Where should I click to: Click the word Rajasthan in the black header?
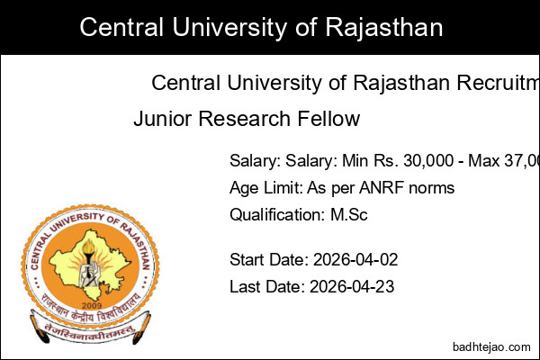pyautogui.click(x=386, y=28)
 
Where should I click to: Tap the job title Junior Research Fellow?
pyautogui.click(x=247, y=119)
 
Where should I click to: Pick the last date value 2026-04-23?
pyautogui.click(x=352, y=287)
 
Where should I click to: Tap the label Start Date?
pyautogui.click(x=269, y=260)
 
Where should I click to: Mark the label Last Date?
pyautogui.click(x=267, y=287)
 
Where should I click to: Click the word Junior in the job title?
pyautogui.click(x=160, y=119)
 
